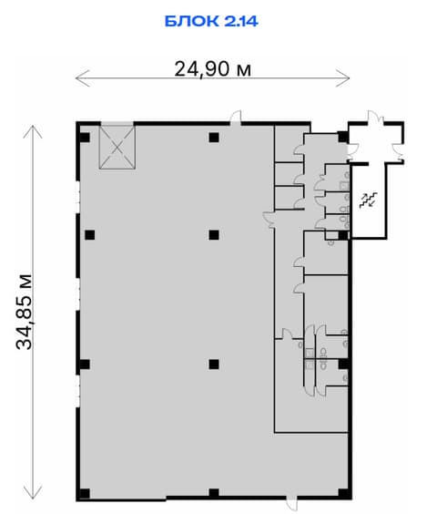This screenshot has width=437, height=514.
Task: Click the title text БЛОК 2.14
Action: pyautogui.click(x=211, y=21)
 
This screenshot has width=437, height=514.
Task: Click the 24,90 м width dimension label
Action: pyautogui.click(x=213, y=69)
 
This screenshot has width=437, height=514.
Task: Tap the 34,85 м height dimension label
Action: pyautogui.click(x=25, y=312)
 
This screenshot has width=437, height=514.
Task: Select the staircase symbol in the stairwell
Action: pyautogui.click(x=369, y=200)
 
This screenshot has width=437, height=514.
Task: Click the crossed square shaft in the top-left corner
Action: pyautogui.click(x=117, y=148)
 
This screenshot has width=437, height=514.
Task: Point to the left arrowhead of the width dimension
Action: pyautogui.click(x=82, y=78)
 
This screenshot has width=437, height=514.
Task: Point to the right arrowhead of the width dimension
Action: pyautogui.click(x=342, y=78)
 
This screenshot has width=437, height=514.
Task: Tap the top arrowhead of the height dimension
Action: pyautogui.click(x=33, y=132)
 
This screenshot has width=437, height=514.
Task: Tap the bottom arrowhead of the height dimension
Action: pyautogui.click(x=33, y=492)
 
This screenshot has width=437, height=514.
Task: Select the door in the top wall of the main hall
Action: pyautogui.click(x=236, y=118)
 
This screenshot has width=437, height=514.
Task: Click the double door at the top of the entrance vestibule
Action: pyautogui.click(x=375, y=118)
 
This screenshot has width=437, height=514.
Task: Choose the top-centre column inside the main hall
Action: pyautogui.click(x=214, y=137)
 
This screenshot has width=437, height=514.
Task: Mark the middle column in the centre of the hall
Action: pyautogui.click(x=214, y=235)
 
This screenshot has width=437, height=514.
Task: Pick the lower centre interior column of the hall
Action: pyautogui.click(x=214, y=365)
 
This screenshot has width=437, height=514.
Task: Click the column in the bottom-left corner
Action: pyautogui.click(x=85, y=494)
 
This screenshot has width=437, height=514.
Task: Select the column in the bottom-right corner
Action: pyautogui.click(x=343, y=494)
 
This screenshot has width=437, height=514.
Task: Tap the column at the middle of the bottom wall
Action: pyautogui.click(x=214, y=494)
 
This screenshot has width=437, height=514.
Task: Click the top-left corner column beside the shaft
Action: pyautogui.click(x=85, y=137)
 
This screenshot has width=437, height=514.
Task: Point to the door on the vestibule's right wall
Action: pyautogui.click(x=400, y=150)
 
